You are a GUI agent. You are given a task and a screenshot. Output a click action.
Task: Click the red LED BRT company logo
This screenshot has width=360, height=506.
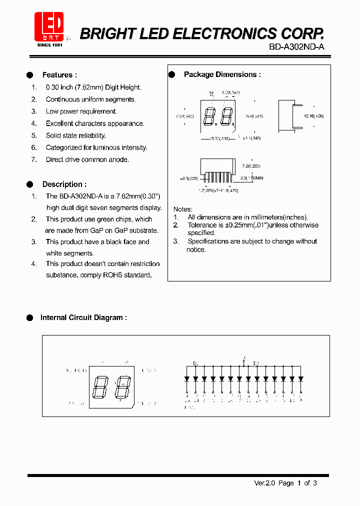[48, 27]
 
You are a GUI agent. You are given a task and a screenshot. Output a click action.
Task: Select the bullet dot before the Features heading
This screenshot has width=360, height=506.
[30, 75]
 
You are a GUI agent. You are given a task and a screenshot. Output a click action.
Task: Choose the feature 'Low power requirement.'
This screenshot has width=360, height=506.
[81, 111]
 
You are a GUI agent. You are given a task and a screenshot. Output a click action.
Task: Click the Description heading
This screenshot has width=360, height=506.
[64, 184]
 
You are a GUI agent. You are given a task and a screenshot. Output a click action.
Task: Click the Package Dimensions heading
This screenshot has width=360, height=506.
[222, 74]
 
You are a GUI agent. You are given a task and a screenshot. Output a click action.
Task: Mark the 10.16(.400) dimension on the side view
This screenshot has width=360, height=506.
[313, 116]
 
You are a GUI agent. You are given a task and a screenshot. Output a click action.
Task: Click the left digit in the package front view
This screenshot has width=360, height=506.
[209, 117]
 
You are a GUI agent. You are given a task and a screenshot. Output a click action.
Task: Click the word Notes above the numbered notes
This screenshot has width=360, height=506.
[182, 209]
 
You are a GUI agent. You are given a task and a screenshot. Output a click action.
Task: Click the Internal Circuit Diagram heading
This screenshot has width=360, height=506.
[83, 317]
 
